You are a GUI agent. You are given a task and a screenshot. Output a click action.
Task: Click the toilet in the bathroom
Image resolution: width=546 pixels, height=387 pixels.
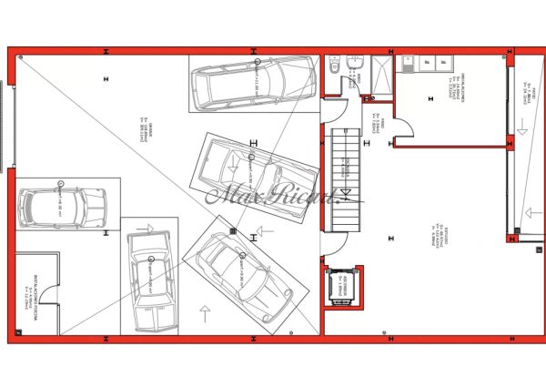[x=334, y=66]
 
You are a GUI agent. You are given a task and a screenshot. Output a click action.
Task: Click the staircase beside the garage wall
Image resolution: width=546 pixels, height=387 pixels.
[x=345, y=178]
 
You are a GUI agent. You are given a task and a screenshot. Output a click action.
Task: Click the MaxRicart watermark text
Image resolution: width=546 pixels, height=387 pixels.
[x=272, y=194]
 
